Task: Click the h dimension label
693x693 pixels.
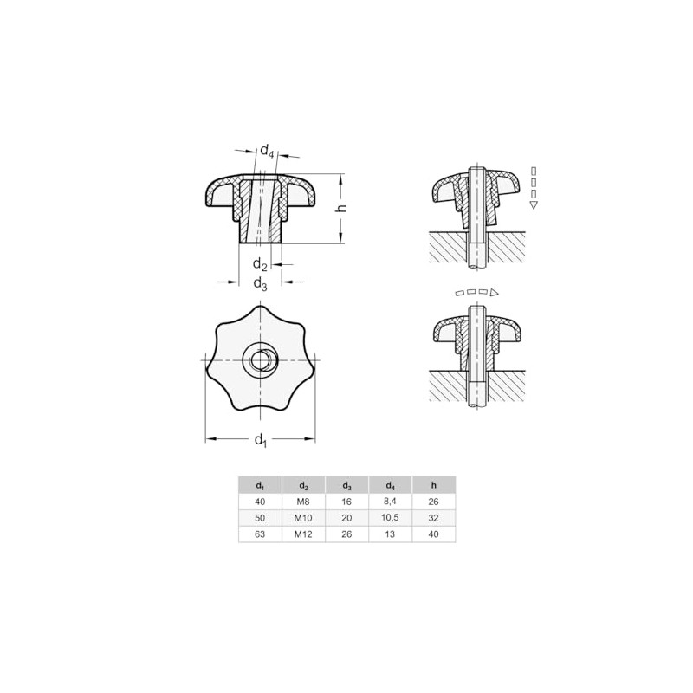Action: pos(341,208)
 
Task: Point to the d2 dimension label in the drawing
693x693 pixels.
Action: pos(260,264)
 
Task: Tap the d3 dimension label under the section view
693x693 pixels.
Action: pos(260,283)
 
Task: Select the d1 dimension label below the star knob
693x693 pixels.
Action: pos(260,441)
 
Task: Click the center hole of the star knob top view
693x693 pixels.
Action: pos(260,359)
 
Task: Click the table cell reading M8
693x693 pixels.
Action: pos(303,502)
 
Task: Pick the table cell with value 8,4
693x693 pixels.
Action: pos(391,502)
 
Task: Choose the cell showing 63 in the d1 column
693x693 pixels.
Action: pos(260,534)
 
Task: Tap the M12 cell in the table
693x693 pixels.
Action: pos(303,534)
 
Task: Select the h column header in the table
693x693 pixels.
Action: pos(434,485)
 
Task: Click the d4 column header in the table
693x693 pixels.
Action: pos(391,485)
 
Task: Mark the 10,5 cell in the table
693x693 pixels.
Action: pos(391,518)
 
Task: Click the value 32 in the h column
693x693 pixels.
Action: pos(434,518)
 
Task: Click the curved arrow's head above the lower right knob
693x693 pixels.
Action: pos(494,295)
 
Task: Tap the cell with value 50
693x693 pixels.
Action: pos(260,518)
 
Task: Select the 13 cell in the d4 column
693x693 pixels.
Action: pos(391,534)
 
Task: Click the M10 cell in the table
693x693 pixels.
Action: pos(303,518)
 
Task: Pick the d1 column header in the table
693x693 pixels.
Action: pos(260,485)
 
